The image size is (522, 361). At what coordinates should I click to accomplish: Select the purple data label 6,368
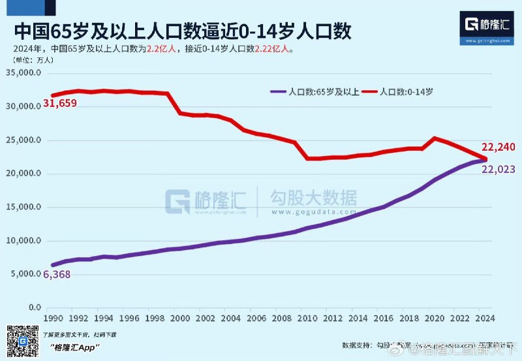[x=57, y=275]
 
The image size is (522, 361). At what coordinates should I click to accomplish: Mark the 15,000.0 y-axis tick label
[x=24, y=207]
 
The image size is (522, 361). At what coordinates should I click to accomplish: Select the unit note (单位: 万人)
[x=33, y=59]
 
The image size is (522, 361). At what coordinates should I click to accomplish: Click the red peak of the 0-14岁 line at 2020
[x=435, y=138]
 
